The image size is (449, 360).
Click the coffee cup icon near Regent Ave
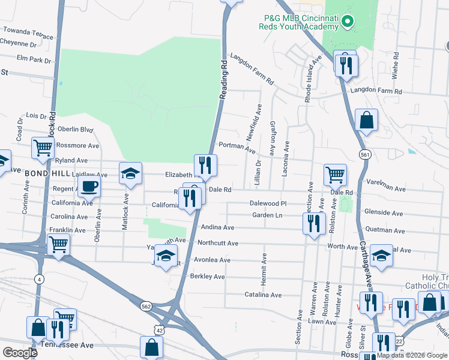click(x=90, y=186)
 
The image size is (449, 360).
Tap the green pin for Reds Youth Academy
click(x=347, y=23)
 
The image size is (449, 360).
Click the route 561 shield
click(x=365, y=155)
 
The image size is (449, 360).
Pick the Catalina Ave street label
click(x=263, y=295)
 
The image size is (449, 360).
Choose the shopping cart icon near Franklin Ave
click(x=59, y=243)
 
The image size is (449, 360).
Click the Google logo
click(x=20, y=352)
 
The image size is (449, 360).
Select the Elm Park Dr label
click(x=34, y=60)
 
